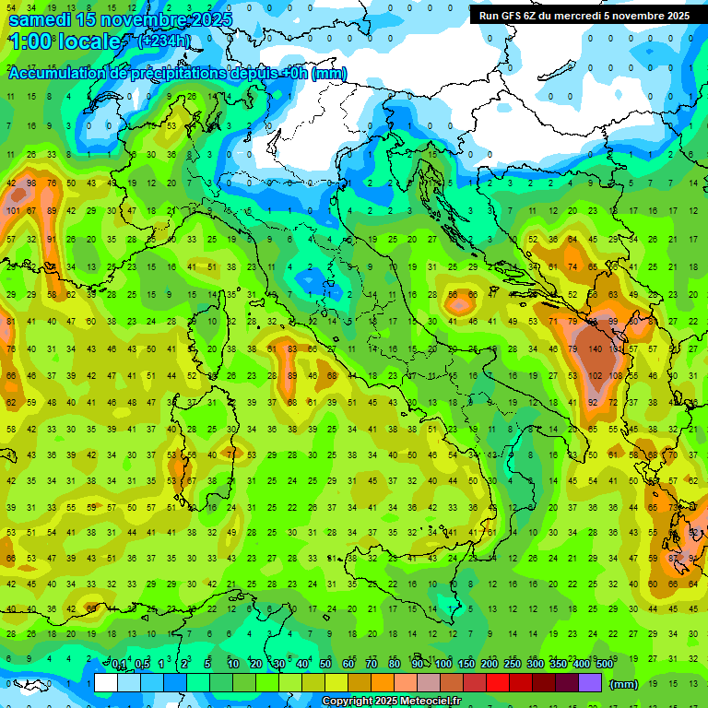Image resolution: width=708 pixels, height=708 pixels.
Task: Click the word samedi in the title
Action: pos(41,19)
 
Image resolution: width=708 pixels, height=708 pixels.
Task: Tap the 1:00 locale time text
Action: pos(65,41)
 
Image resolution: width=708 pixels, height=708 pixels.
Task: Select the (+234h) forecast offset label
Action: pos(165,41)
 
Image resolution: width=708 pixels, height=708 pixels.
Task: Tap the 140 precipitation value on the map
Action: pos(596,349)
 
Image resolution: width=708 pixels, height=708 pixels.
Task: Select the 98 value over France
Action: pos(31,183)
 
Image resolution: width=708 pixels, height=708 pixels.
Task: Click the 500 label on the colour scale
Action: pos(604,664)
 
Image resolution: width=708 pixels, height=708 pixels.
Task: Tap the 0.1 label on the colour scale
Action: pos(119,664)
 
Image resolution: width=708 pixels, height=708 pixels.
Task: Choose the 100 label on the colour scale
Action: pos(443,664)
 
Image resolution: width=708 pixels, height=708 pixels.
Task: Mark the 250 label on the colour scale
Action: pos(513,664)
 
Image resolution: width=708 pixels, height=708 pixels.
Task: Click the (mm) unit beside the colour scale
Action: pos(625,684)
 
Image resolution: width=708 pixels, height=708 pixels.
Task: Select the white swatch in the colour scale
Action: pos(105,683)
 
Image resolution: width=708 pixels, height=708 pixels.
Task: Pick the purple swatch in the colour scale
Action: pos(590,683)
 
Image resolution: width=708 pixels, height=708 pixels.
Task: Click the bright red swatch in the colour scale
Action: pos(498,683)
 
